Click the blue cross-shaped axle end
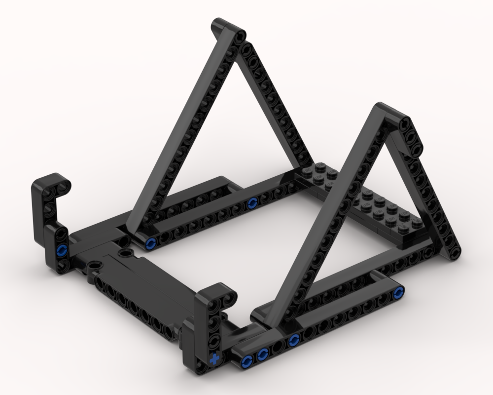[214, 359]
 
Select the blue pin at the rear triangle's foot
[151, 242]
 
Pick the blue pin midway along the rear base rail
[252, 202]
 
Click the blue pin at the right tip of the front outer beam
[398, 295]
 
